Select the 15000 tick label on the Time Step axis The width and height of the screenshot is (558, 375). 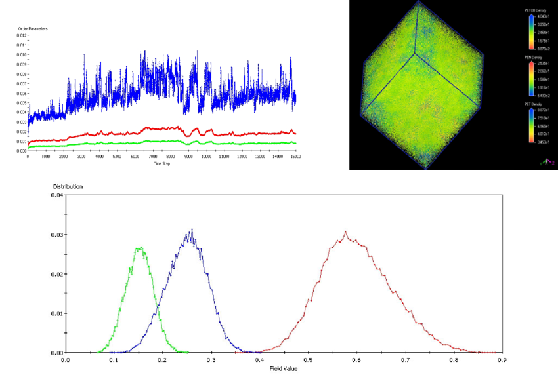(295, 157)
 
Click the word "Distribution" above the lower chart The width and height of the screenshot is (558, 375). (67, 186)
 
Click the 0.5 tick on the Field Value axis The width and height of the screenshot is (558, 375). (308, 360)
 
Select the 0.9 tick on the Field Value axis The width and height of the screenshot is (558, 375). (502, 360)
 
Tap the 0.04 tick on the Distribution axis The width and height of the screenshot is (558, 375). (56, 195)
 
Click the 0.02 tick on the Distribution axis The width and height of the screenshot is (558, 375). (56, 273)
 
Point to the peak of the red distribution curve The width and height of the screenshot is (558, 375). (346, 231)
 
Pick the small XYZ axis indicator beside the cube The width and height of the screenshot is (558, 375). (542, 160)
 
